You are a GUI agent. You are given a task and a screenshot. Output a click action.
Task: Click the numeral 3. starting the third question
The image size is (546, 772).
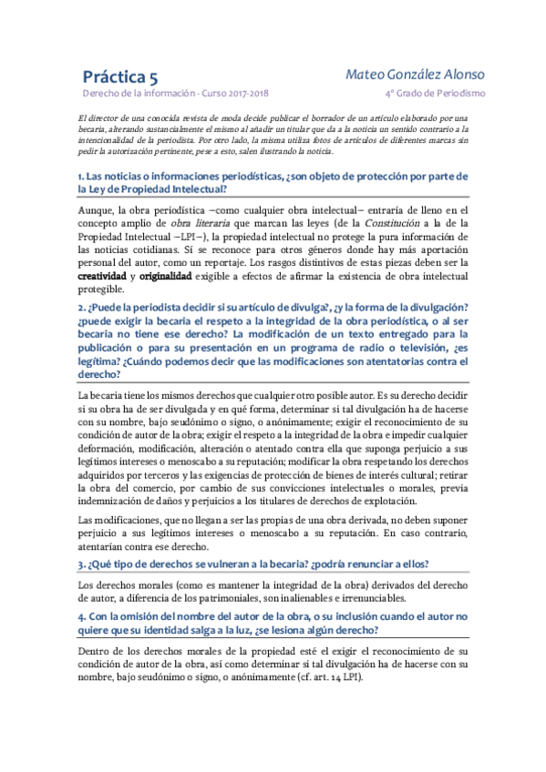(81, 564)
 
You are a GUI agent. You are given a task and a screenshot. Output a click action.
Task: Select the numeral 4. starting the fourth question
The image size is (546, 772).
(81, 616)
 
